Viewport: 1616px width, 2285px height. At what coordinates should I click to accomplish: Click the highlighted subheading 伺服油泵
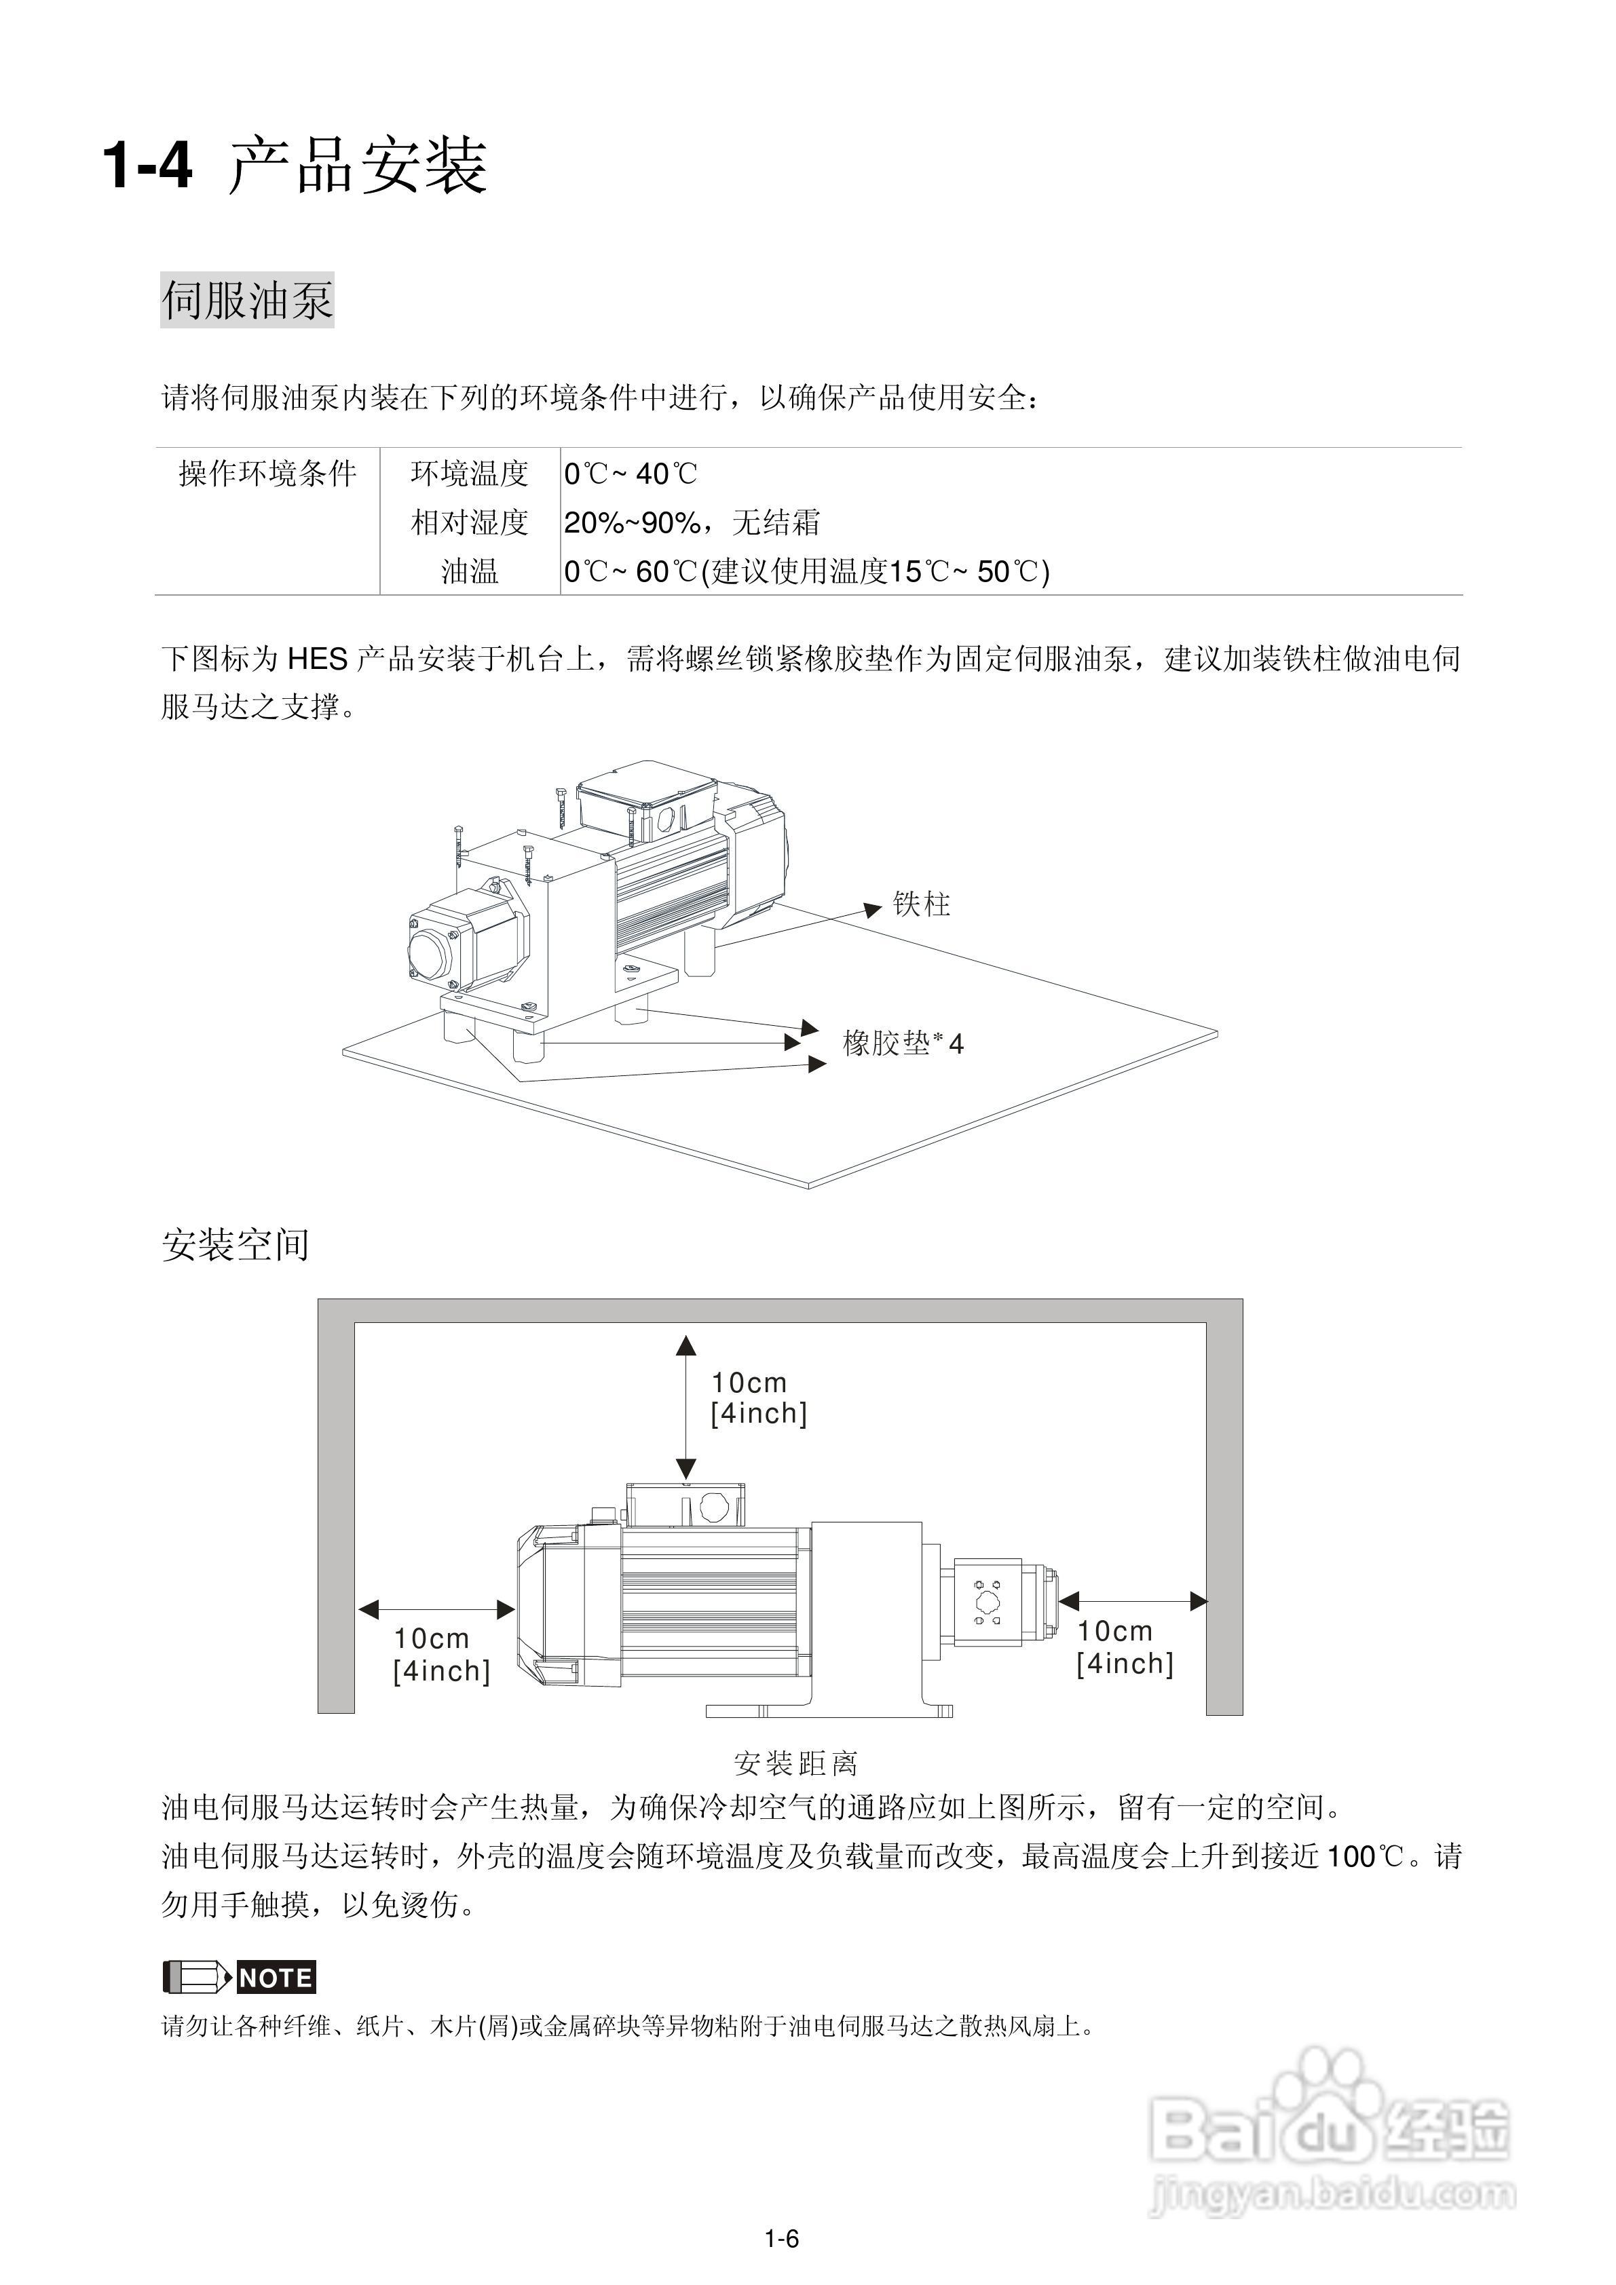tap(247, 300)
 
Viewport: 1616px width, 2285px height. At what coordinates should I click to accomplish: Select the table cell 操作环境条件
tap(267, 473)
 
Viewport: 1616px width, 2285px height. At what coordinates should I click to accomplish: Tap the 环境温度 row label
tap(469, 473)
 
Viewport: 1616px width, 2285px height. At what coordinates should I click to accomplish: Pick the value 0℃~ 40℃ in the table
tap(631, 474)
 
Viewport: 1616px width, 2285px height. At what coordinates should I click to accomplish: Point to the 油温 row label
tap(469, 571)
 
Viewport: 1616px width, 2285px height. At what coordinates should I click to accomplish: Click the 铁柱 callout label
tap(921, 904)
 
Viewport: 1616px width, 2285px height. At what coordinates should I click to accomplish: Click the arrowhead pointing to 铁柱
tap(873, 908)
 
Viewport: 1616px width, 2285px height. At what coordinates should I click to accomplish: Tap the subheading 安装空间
tap(236, 1244)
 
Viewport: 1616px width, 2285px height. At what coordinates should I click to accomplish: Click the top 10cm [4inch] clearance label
tap(757, 1398)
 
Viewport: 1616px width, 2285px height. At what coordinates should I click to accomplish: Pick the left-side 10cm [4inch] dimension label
tap(441, 1654)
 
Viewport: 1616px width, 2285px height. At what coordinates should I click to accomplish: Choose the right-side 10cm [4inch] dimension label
tap(1124, 1647)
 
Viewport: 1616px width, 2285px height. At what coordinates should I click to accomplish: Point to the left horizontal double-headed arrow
tap(437, 1609)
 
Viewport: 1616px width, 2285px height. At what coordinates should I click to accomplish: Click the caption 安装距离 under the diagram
tap(795, 1763)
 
